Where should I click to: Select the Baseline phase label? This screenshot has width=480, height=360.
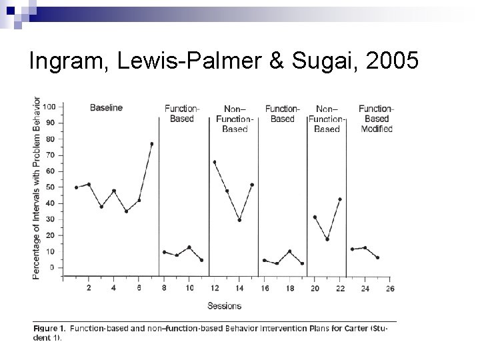[x=107, y=108]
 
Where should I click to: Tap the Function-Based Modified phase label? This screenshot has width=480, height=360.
[x=376, y=119]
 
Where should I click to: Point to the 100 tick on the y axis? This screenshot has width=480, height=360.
[x=49, y=107]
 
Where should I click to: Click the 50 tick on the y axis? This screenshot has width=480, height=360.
[x=51, y=187]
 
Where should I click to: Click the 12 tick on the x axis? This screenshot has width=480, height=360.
[x=214, y=288]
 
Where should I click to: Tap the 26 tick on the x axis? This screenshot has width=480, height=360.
[x=389, y=288]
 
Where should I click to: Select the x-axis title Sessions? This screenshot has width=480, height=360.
[x=224, y=306]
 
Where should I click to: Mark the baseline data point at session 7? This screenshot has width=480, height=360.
[x=151, y=143]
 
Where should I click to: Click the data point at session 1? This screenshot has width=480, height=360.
[x=76, y=187]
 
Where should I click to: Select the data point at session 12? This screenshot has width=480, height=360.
[x=214, y=162]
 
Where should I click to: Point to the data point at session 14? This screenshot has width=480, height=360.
[x=239, y=220]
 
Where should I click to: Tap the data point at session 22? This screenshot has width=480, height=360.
[x=340, y=199]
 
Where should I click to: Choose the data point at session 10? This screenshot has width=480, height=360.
[x=189, y=247]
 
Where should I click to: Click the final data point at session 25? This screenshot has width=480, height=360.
[x=378, y=257]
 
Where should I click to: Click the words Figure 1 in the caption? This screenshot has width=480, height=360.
[x=50, y=328]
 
